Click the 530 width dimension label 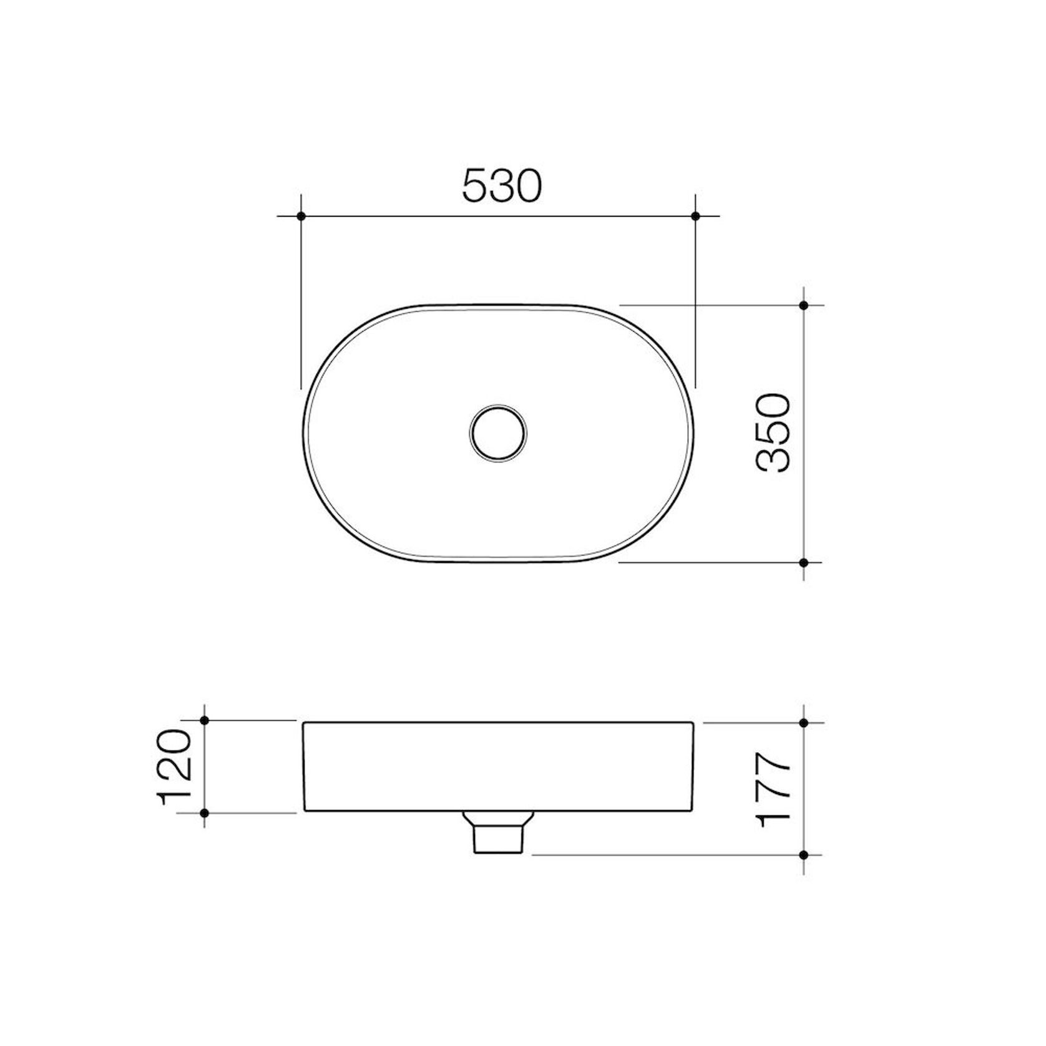[x=502, y=186]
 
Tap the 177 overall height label [x=773, y=790]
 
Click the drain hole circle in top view [x=498, y=433]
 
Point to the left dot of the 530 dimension [x=301, y=216]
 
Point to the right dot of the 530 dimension [x=696, y=216]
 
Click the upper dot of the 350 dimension [x=804, y=305]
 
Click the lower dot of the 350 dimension [x=804, y=562]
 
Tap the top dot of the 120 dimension [x=205, y=720]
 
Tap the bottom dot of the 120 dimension [x=205, y=813]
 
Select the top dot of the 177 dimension [x=804, y=723]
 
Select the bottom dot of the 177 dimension [x=804, y=854]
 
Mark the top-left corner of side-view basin [x=304, y=723]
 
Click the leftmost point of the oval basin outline [x=303, y=433]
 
